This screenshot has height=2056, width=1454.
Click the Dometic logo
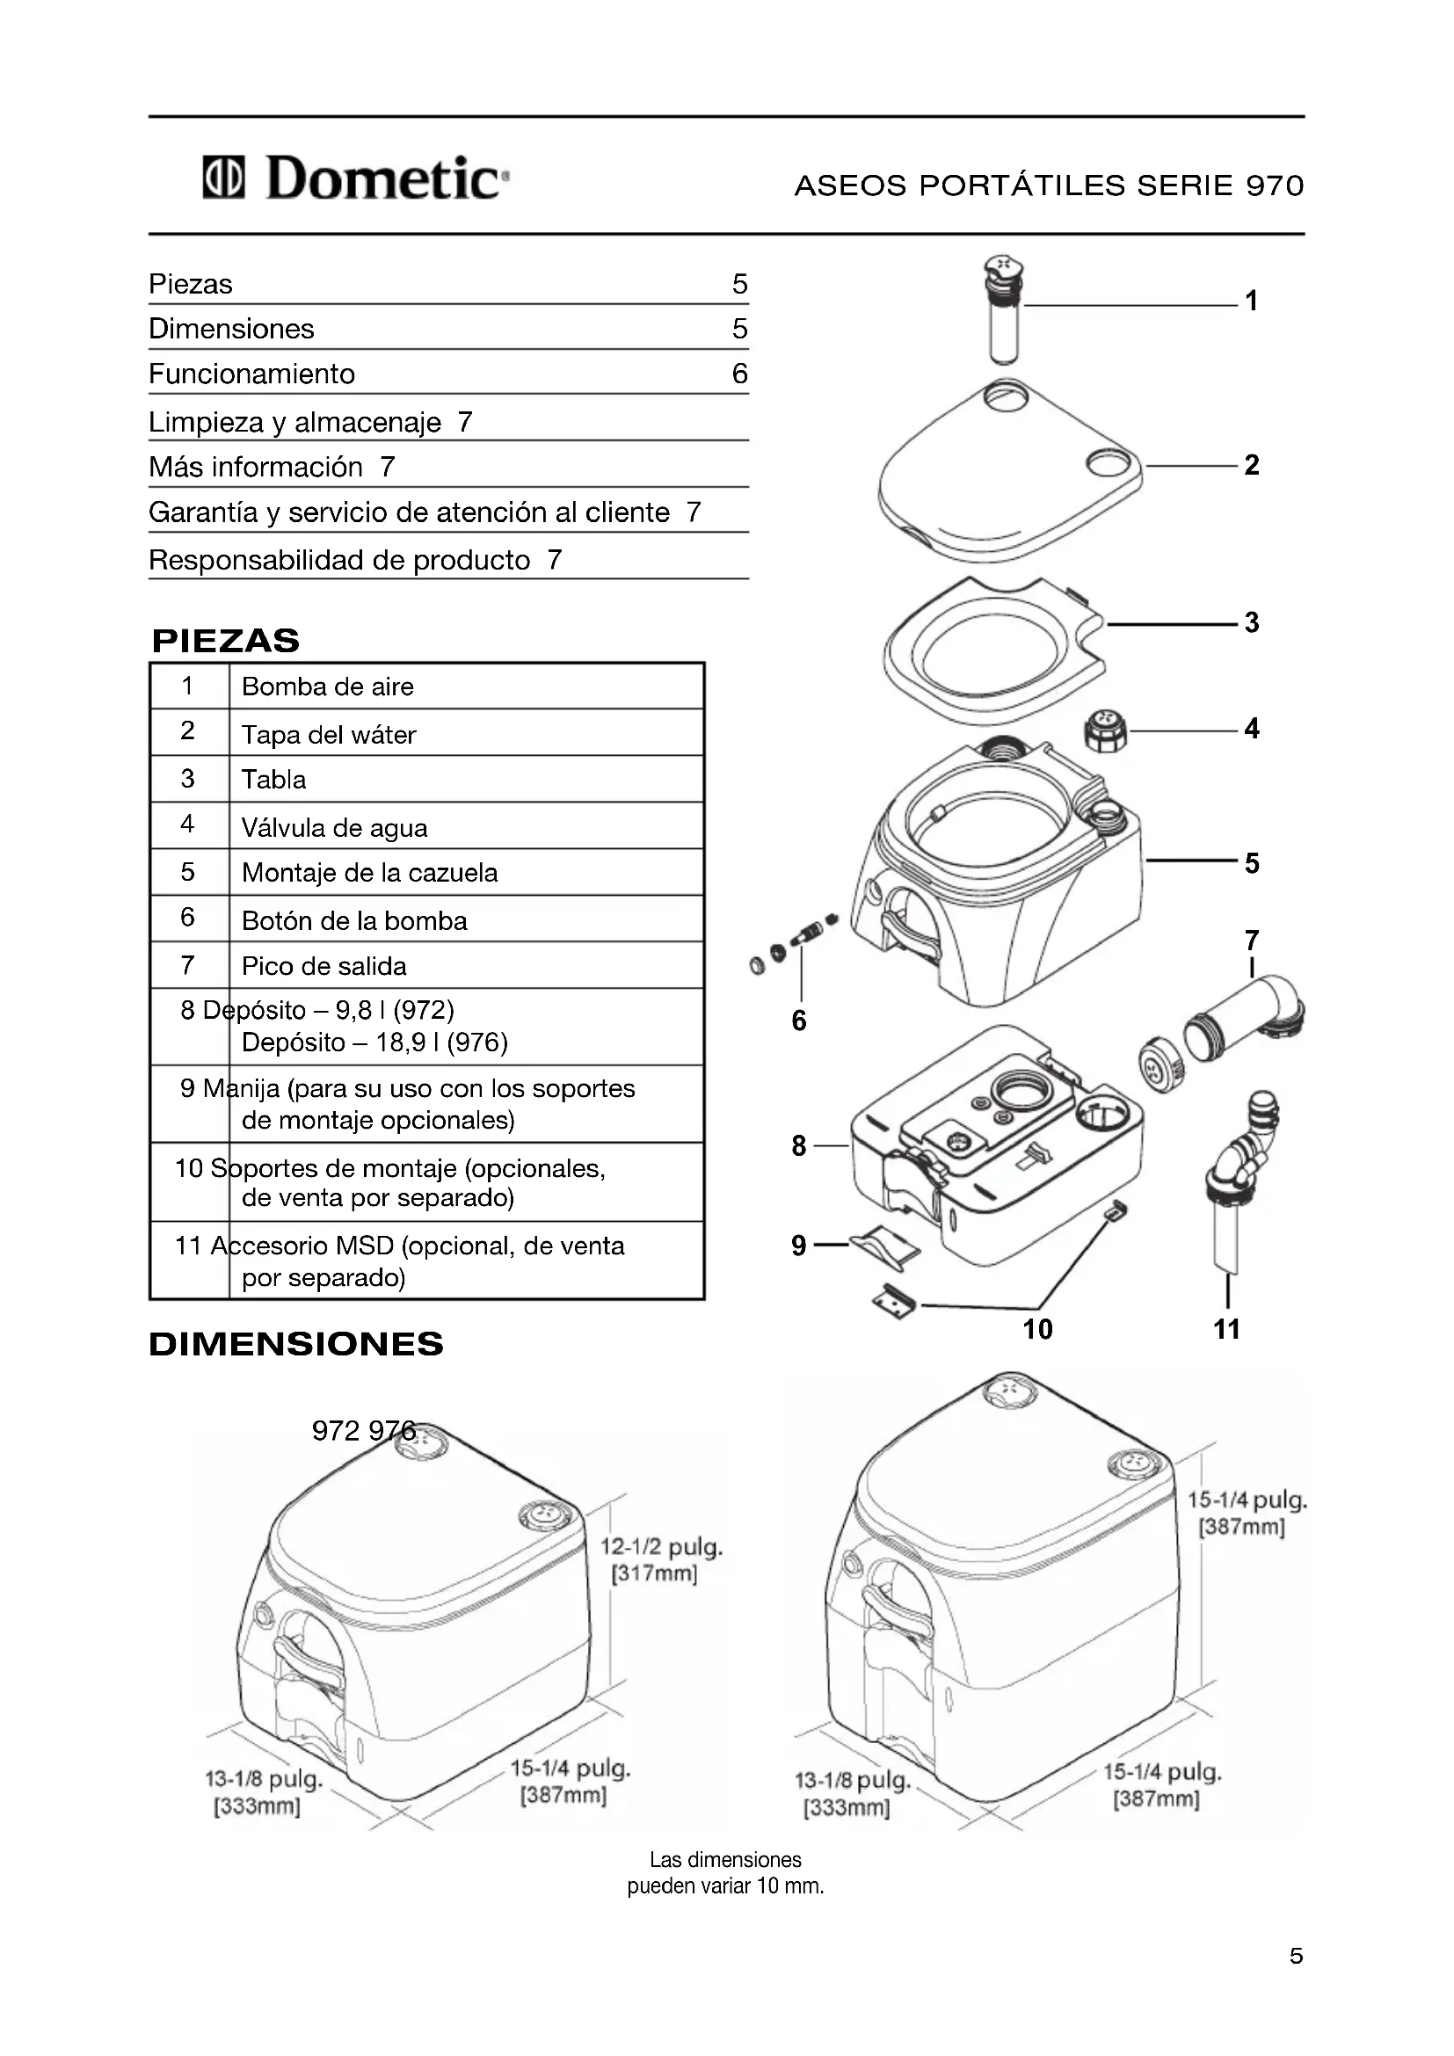click(356, 178)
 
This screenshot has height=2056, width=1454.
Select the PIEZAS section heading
click(226, 640)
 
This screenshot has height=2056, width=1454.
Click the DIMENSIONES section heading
click(295, 1344)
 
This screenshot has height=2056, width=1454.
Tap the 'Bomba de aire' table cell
click(328, 687)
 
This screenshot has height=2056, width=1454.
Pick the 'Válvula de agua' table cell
click(334, 827)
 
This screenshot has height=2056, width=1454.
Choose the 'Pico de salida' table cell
click(324, 966)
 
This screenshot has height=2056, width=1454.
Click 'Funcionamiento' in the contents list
click(251, 374)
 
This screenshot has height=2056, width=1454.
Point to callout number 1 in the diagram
click(1251, 301)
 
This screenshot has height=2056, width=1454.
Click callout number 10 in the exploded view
click(1037, 1329)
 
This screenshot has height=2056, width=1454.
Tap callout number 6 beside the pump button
click(798, 1020)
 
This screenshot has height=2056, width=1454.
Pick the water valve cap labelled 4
click(1104, 730)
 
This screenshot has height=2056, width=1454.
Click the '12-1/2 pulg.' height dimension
click(661, 1546)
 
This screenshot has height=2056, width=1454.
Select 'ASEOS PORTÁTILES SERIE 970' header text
click(1049, 185)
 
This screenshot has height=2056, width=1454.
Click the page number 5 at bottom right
click(1296, 1956)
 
